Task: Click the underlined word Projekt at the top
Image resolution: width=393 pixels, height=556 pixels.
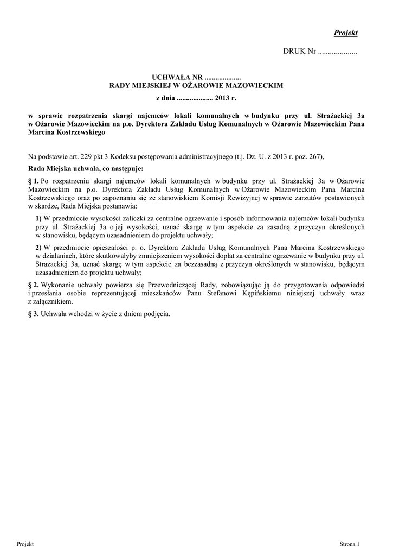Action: pos(346,33)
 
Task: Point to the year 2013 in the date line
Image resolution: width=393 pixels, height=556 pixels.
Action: pos(223,98)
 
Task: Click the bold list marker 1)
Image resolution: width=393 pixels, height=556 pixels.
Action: pos(39,218)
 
